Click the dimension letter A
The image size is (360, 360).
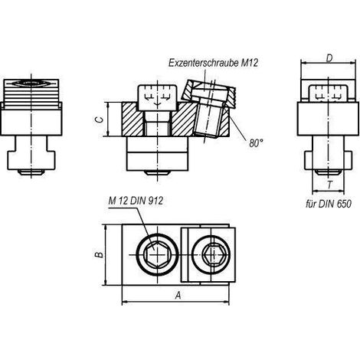click(178, 296)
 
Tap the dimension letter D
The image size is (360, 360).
click(329, 58)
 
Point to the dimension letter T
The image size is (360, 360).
click(329, 185)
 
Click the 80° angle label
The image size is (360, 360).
click(256, 143)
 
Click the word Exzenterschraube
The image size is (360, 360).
click(203, 63)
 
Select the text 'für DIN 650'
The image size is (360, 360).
click(329, 204)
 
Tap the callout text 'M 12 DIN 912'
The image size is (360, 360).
click(136, 201)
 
